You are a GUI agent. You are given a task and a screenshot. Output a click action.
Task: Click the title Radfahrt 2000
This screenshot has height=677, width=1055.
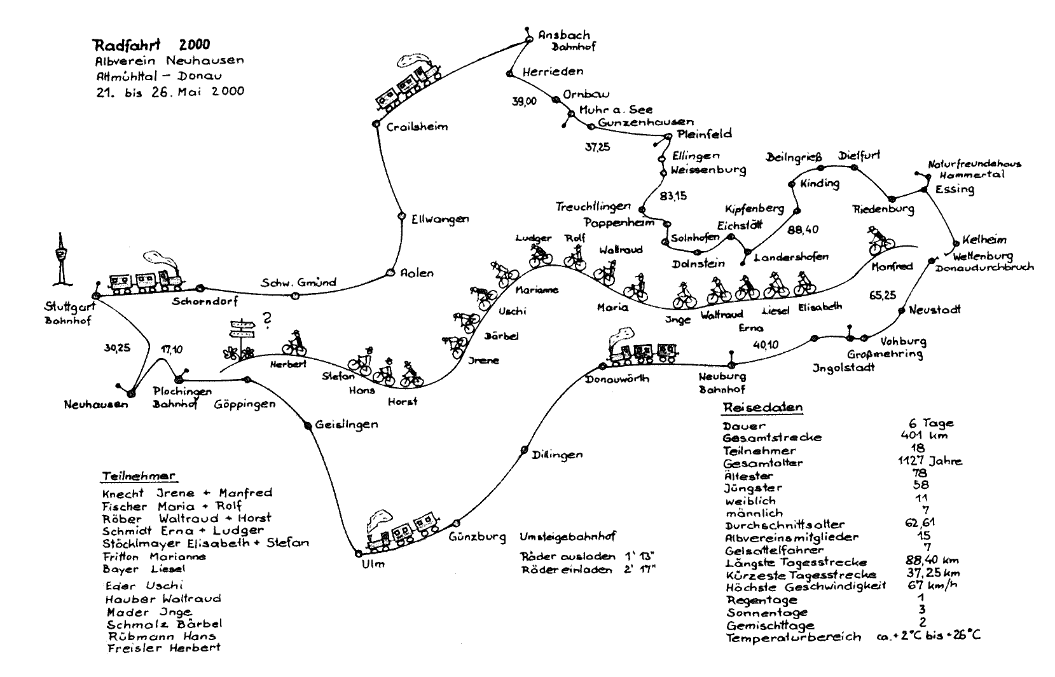click(x=151, y=45)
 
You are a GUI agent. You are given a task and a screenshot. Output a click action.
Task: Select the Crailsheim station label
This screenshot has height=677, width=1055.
click(x=417, y=127)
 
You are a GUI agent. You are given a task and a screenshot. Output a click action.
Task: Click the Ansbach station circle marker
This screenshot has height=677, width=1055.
click(x=528, y=40)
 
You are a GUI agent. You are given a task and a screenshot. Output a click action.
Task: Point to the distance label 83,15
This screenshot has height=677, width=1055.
click(x=674, y=196)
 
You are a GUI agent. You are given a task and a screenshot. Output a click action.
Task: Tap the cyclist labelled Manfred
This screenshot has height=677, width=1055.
click(x=881, y=240)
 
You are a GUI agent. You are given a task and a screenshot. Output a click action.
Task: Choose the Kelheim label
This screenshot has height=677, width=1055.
click(x=984, y=240)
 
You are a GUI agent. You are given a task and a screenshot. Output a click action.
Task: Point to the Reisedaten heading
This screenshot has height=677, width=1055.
click(x=762, y=407)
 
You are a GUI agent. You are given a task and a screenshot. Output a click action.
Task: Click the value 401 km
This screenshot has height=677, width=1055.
click(x=924, y=435)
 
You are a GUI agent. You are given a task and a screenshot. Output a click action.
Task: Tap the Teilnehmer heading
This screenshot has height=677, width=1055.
click(x=139, y=476)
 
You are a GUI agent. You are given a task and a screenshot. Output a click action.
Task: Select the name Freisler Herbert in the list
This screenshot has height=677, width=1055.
click(x=163, y=648)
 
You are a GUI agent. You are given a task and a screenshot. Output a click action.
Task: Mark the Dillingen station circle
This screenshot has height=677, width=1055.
click(x=525, y=449)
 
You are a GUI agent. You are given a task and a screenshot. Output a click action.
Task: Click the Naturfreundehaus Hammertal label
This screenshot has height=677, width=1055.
click(x=974, y=169)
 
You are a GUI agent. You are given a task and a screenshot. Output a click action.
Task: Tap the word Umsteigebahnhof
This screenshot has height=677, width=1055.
click(x=567, y=537)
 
